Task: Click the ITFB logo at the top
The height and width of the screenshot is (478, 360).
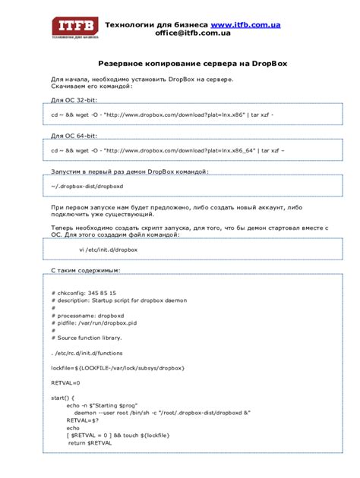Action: tap(75, 28)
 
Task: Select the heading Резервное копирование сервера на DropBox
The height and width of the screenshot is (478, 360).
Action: tap(179, 65)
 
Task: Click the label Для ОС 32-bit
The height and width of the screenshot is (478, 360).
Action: tap(74, 100)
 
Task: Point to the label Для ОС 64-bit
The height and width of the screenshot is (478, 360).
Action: tap(74, 136)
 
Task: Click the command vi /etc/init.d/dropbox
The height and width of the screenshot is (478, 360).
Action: tap(109, 249)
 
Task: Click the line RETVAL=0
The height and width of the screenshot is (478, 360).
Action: tap(65, 383)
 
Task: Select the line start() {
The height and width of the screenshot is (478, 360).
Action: tap(63, 398)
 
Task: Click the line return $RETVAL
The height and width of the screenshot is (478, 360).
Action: tap(90, 442)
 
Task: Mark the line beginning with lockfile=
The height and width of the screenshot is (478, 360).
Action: tap(118, 368)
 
